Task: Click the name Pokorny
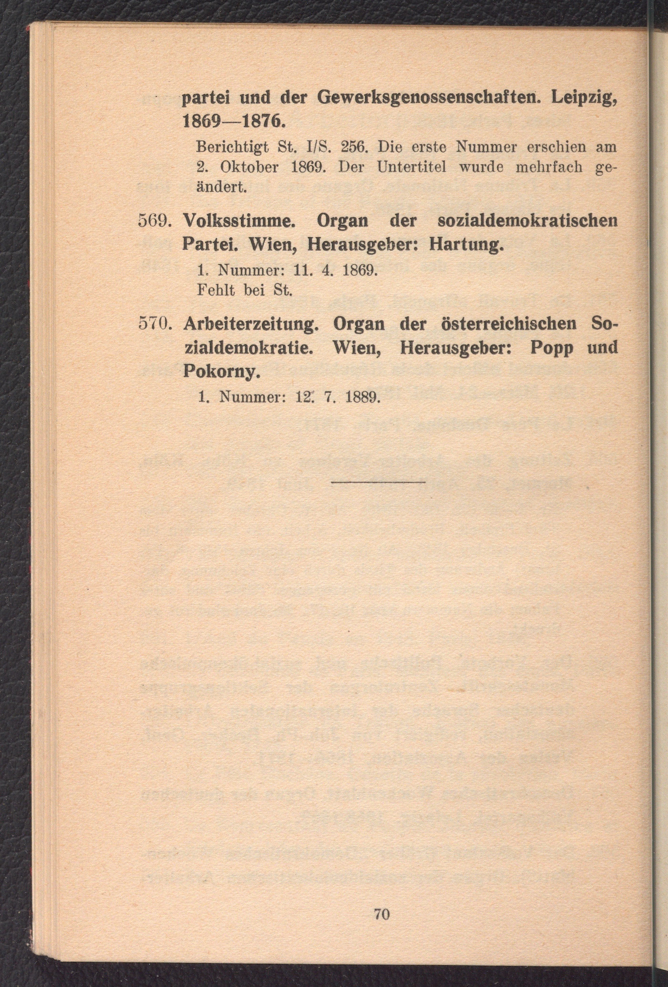pyautogui.click(x=220, y=372)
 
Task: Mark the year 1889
pyautogui.click(x=361, y=398)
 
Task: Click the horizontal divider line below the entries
pyautogui.click(x=378, y=482)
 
